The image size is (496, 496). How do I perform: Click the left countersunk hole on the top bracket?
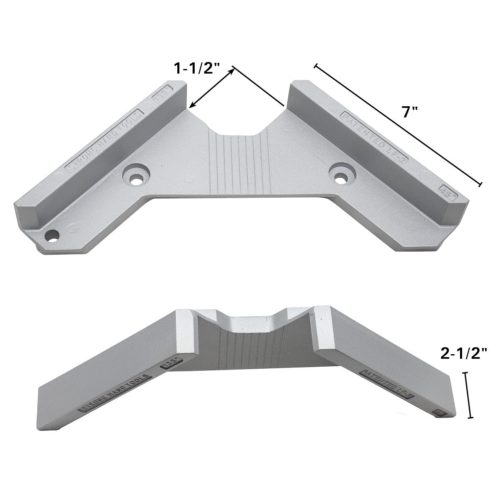[135, 175]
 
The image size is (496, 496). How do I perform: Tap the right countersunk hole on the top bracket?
[341, 175]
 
